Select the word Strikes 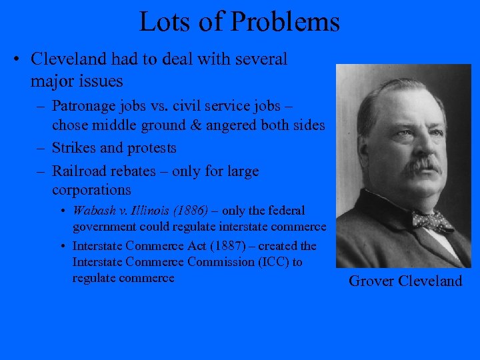click(73, 147)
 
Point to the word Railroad click(78, 171)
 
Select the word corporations click(91, 190)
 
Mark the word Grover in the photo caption click(372, 281)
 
